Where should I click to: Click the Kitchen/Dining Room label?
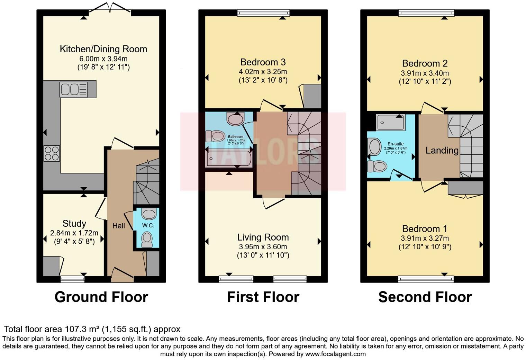pyautogui.click(x=103, y=49)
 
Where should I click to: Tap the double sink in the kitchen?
pyautogui.click(x=73, y=89)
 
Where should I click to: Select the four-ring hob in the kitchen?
pyautogui.click(x=51, y=153)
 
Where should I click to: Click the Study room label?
pyautogui.click(x=74, y=224)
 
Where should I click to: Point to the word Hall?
pyautogui.click(x=119, y=226)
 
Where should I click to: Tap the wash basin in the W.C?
pyautogui.click(x=149, y=214)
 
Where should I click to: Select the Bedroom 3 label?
pyautogui.click(x=263, y=62)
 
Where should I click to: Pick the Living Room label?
pyautogui.click(x=263, y=237)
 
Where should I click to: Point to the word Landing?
pyautogui.click(x=442, y=150)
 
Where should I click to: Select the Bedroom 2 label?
pyautogui.click(x=425, y=64)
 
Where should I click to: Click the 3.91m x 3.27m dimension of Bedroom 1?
pyautogui.click(x=425, y=238)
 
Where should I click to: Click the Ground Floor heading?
pyautogui.click(x=101, y=297)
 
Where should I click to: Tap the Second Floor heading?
pyautogui.click(x=425, y=297)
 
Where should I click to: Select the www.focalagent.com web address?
pyautogui.click(x=335, y=354)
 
